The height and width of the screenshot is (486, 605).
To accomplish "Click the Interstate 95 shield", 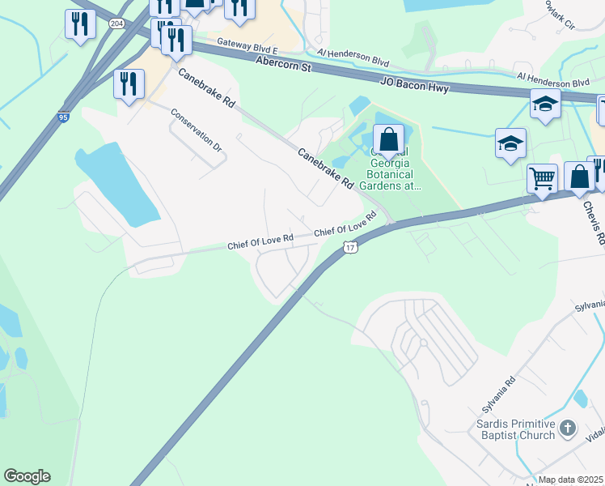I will pos(63,117).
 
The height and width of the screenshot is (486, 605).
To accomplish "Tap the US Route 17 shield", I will pos(349,246).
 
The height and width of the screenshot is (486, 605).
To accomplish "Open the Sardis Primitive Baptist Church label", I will pos(514,430).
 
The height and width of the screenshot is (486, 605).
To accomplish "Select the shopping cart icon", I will pos(542,177).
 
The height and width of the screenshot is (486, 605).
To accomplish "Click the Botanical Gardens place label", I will pos(391,174).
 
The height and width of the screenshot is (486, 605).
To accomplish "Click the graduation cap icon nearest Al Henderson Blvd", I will pos(546,104).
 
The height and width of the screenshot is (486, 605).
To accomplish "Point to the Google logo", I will pos(27,476).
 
